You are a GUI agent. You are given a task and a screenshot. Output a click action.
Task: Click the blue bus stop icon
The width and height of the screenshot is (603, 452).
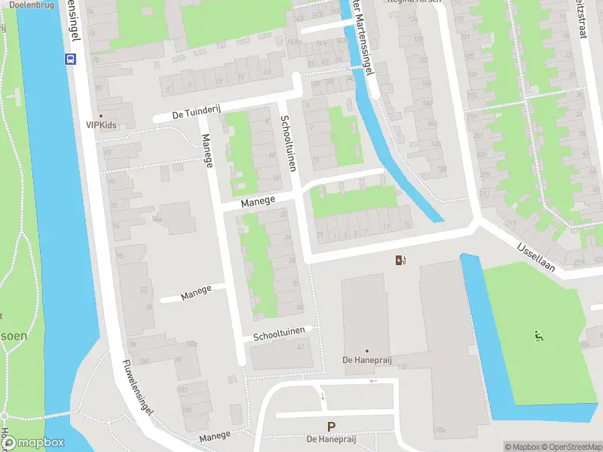pyautogui.click(x=72, y=60)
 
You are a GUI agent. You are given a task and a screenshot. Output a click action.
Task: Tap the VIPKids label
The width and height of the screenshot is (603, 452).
pyautogui.click(x=101, y=125)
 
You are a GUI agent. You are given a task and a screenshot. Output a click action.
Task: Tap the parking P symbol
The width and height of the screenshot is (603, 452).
pyautogui.click(x=331, y=427)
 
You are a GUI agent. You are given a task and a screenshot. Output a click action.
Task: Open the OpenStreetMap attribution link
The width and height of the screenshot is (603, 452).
pyautogui.click(x=571, y=447)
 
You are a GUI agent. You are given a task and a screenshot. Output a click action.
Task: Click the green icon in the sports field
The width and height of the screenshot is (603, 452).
pyautogui.click(x=538, y=334)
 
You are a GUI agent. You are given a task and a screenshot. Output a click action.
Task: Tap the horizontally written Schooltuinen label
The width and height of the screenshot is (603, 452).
pyautogui.click(x=278, y=335)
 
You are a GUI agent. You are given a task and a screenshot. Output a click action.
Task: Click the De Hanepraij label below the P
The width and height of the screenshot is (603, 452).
pyautogui.click(x=331, y=438)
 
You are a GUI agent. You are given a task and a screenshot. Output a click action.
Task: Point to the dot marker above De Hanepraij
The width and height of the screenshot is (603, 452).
pyautogui.click(x=367, y=350)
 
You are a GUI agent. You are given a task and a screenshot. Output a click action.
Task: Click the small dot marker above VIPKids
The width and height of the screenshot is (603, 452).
pyautogui.click(x=101, y=116)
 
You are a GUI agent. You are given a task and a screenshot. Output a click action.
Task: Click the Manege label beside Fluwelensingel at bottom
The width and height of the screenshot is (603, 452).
pyautogui.click(x=215, y=437)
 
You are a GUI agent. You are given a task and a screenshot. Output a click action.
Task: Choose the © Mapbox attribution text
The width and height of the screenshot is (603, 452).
pyautogui.click(x=522, y=447)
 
